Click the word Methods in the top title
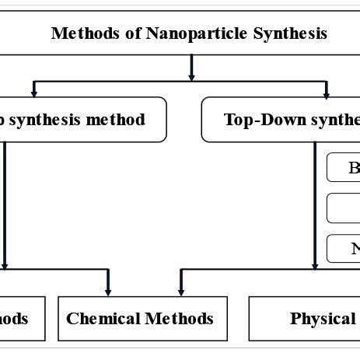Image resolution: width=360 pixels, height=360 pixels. tap(80, 33)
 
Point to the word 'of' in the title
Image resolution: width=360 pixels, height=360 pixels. tap(123, 33)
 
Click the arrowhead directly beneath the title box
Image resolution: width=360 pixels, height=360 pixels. tap(191, 75)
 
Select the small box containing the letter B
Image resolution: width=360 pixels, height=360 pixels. tap(344, 167)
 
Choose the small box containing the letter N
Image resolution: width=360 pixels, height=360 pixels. tap(344, 249)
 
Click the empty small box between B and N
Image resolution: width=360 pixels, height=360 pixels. tap(344, 208)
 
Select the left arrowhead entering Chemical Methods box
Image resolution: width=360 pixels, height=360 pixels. tap(107, 289)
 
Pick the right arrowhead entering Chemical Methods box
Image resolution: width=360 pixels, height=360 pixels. tap(180, 289)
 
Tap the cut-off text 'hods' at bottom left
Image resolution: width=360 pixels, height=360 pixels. tap(15, 319)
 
